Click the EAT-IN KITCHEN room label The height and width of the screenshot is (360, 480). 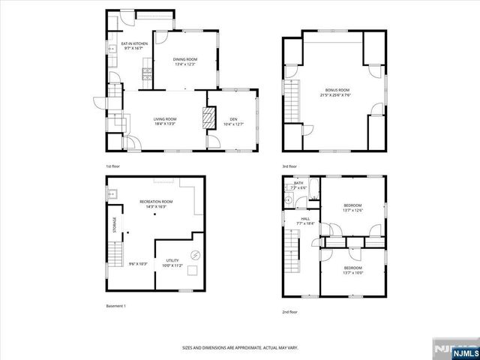pyautogui.click(x=135, y=44)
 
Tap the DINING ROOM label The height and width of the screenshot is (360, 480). pyautogui.click(x=185, y=59)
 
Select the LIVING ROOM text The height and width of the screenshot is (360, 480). pyautogui.click(x=165, y=119)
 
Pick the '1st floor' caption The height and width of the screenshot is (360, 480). pyautogui.click(x=112, y=166)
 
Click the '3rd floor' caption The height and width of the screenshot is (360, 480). pyautogui.click(x=289, y=166)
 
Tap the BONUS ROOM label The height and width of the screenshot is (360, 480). pyautogui.click(x=335, y=89)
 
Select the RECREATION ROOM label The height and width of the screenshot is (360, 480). pyautogui.click(x=156, y=202)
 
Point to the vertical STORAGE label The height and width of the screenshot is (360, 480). pyautogui.click(x=115, y=226)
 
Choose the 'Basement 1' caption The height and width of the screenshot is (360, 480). pyautogui.click(x=115, y=306)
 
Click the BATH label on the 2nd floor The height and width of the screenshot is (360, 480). pyautogui.click(x=298, y=182)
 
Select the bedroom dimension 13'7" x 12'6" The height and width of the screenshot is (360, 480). pyautogui.click(x=353, y=210)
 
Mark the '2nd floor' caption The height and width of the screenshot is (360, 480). pyautogui.click(x=289, y=311)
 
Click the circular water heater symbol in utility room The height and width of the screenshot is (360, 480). pyautogui.click(x=196, y=254)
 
